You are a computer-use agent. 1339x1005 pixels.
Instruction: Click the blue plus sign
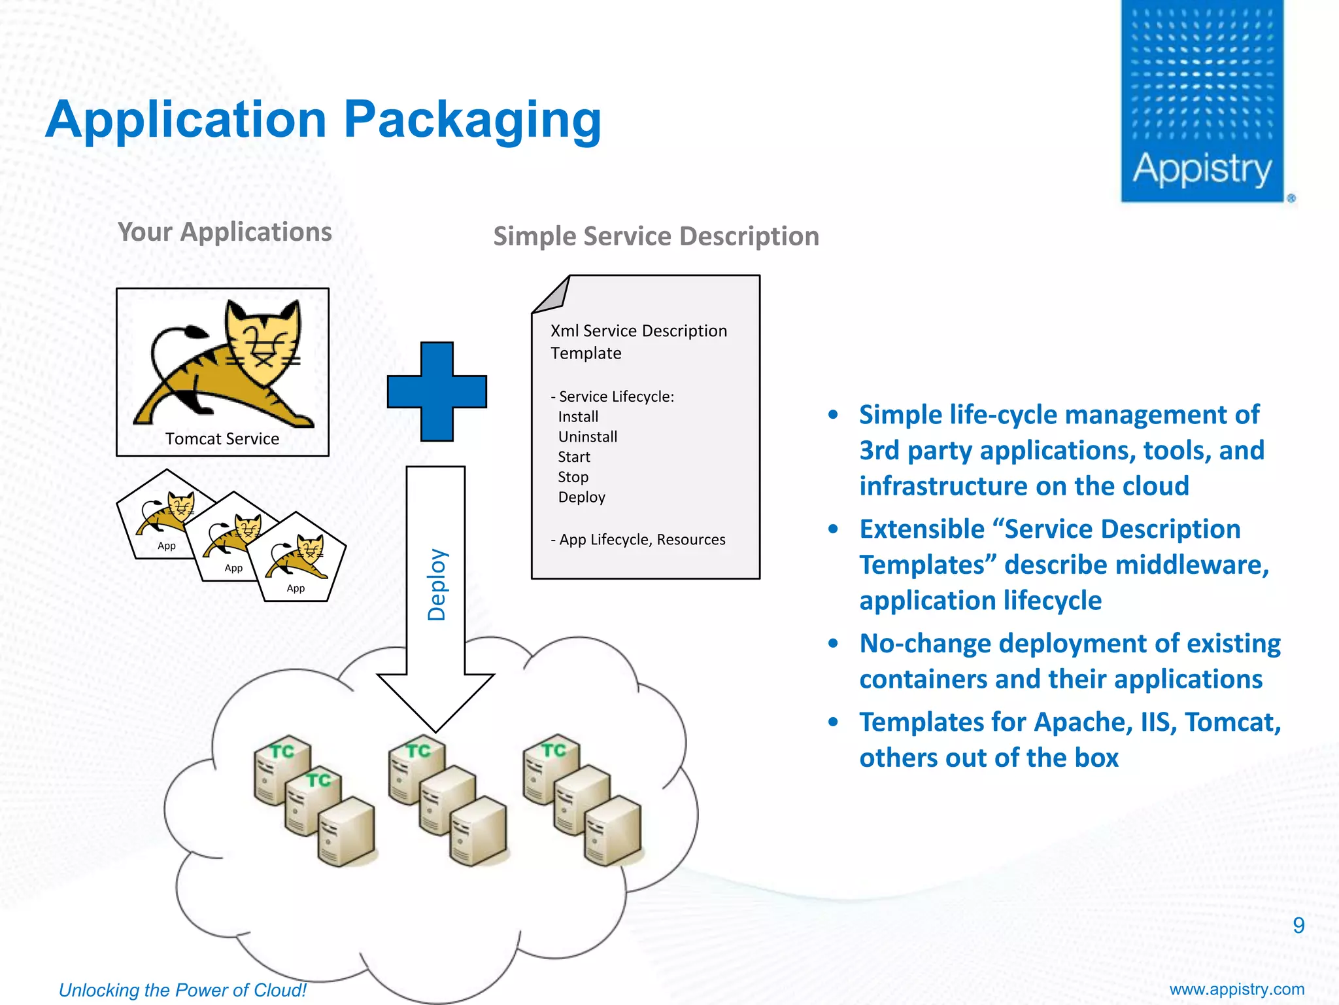(437, 391)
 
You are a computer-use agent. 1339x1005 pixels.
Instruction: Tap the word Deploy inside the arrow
(436, 584)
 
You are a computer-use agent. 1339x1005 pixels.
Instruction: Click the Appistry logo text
(1202, 169)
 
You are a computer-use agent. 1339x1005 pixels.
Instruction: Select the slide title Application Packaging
(323, 120)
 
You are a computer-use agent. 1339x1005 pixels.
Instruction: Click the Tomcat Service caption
(222, 439)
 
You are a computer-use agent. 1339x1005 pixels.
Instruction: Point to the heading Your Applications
(224, 232)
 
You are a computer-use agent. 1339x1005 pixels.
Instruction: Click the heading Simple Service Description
(656, 236)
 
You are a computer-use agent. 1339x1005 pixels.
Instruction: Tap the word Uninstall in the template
(587, 437)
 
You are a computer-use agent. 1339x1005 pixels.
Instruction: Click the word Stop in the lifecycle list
(573, 477)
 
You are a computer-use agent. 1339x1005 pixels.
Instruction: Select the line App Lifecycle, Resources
(638, 540)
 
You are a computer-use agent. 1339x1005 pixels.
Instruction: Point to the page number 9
(1298, 925)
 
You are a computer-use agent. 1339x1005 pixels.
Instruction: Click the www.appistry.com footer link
(1236, 989)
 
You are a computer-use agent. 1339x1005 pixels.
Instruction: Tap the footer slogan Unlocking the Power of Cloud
(182, 990)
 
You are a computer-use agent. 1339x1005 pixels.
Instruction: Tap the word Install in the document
(578, 417)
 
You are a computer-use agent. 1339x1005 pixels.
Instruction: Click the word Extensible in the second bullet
(922, 529)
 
